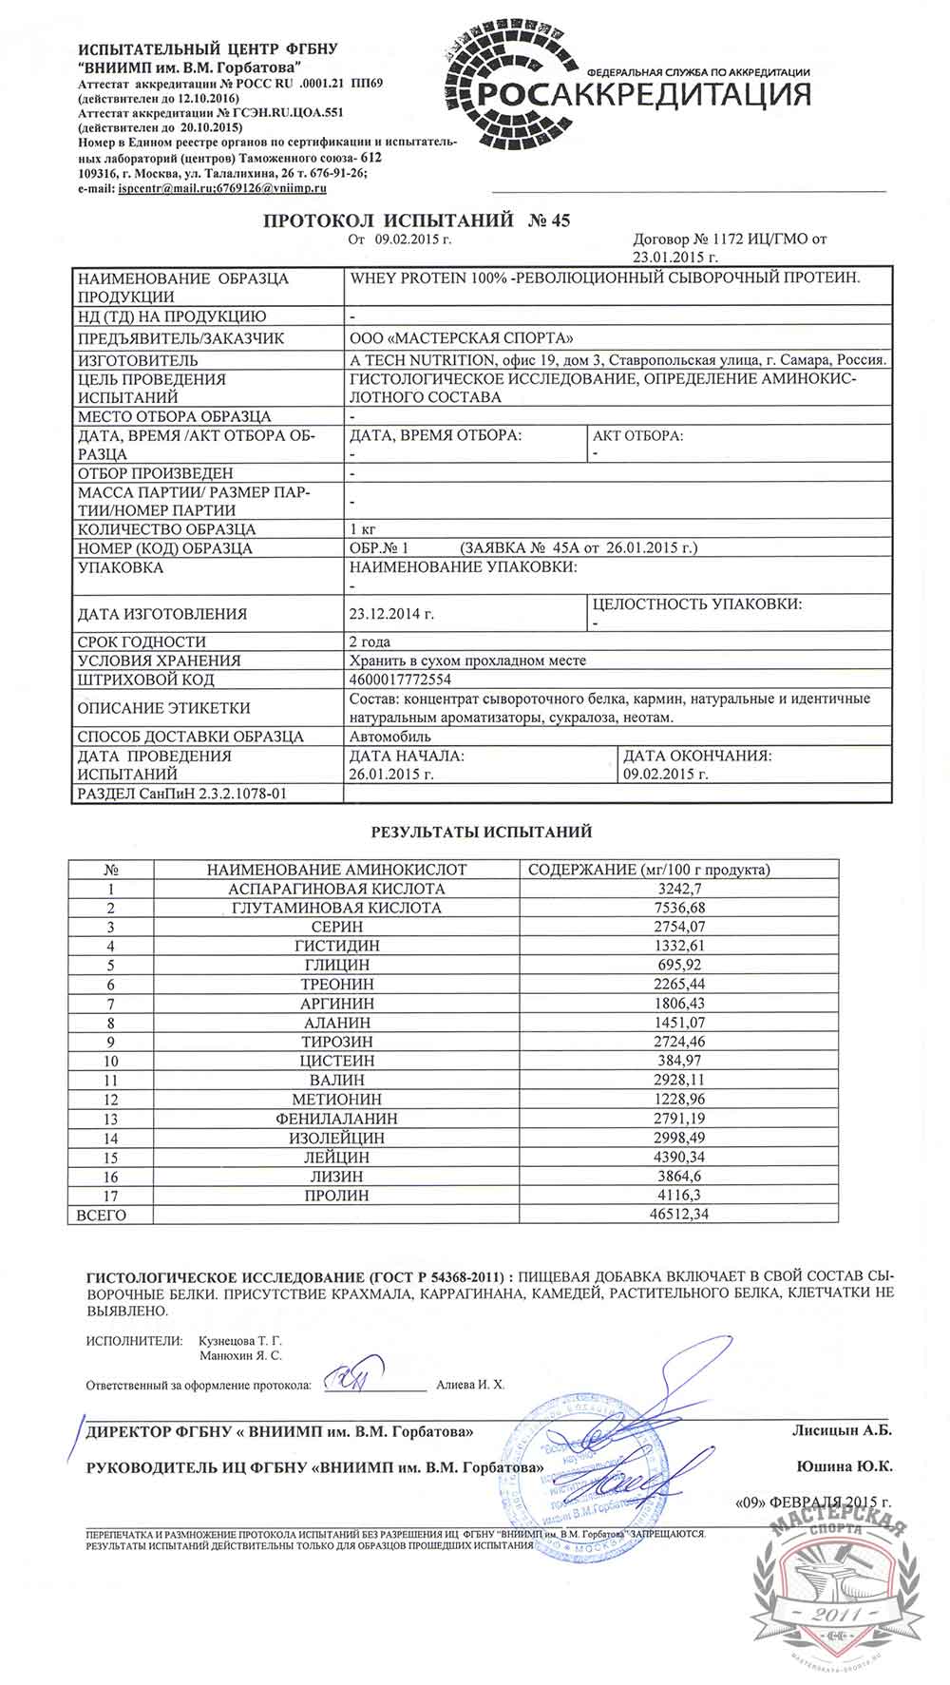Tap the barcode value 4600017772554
click(401, 680)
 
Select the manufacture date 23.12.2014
click(391, 614)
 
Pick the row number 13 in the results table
click(112, 1119)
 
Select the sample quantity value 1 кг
click(362, 529)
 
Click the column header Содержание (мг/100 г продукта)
click(649, 870)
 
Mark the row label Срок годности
click(142, 641)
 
